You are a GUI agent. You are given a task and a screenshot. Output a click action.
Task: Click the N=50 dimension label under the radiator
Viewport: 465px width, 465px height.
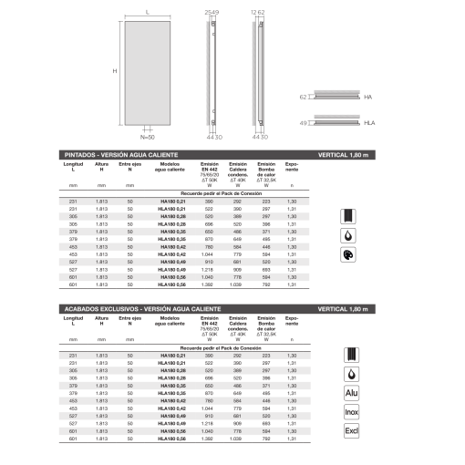click(x=148, y=137)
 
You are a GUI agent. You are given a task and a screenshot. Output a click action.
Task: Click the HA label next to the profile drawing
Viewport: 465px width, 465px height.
click(x=367, y=96)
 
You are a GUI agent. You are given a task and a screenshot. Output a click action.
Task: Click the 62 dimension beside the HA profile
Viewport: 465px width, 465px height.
click(x=304, y=96)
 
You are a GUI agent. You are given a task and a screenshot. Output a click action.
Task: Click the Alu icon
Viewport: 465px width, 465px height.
click(x=352, y=393)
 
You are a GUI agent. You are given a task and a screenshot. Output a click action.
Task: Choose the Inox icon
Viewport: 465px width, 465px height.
click(x=352, y=414)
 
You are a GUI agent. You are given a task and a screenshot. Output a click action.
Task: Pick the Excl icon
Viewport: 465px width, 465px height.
click(x=352, y=434)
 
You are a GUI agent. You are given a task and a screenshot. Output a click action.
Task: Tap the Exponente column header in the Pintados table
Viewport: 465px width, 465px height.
click(x=292, y=168)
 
